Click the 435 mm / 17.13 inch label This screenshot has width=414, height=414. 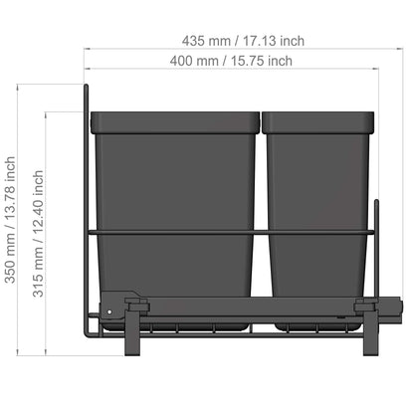[243, 41]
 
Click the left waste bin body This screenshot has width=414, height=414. [174, 199]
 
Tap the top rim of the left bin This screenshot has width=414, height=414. [174, 122]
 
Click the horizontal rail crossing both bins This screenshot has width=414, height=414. [229, 231]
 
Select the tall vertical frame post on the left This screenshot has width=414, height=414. [87, 199]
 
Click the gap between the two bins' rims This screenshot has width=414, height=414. [262, 122]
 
